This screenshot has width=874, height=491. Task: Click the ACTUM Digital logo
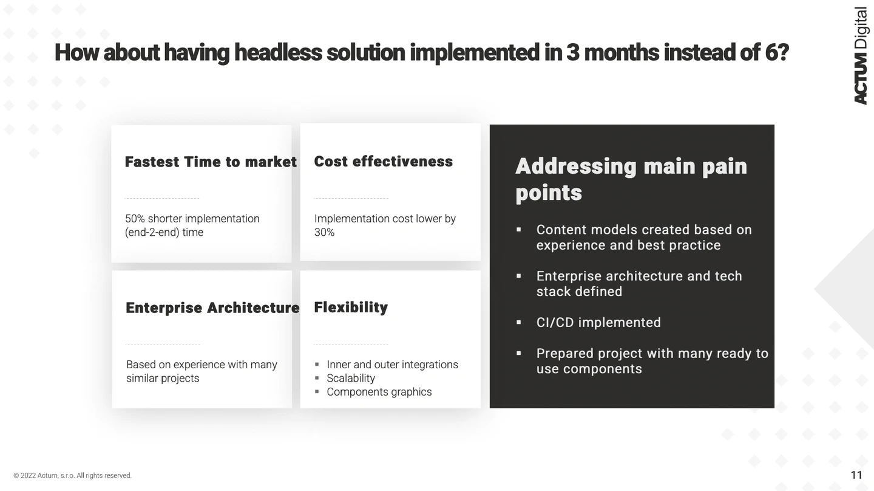tap(861, 55)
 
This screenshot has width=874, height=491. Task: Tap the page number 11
tap(856, 475)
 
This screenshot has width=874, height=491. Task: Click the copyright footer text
tap(73, 475)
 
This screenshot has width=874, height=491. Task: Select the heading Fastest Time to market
tap(211, 162)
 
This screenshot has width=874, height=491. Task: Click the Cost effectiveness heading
tap(383, 161)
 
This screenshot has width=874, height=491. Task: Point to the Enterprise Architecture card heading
tap(212, 308)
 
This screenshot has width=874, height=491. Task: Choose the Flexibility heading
tap(351, 307)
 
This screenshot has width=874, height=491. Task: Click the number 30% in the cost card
tap(324, 232)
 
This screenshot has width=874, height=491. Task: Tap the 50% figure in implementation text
tap(135, 219)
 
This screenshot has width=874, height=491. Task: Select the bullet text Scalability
tap(351, 378)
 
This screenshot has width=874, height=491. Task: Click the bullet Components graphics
tap(379, 392)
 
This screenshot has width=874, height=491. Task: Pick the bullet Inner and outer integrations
tap(393, 365)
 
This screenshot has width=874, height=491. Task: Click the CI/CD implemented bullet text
tap(598, 323)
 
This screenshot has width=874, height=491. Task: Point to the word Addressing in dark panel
tap(576, 167)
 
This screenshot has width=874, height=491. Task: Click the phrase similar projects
tap(163, 378)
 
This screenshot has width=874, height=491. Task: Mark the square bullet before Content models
tap(518, 230)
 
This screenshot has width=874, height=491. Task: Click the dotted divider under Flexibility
tap(351, 345)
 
